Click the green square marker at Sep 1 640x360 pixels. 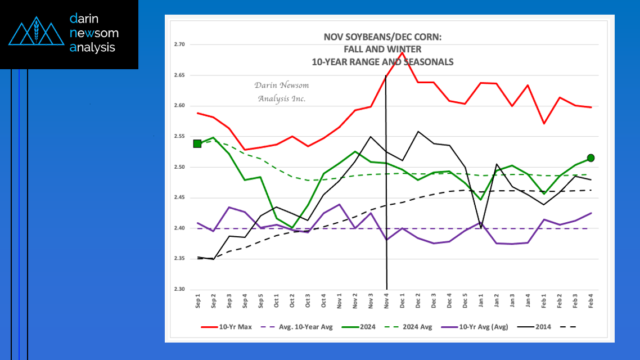coord(197,144)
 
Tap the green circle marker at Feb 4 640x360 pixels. coord(591,158)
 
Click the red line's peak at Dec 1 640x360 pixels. coord(402,52)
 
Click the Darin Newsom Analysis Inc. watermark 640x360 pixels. coord(282,92)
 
